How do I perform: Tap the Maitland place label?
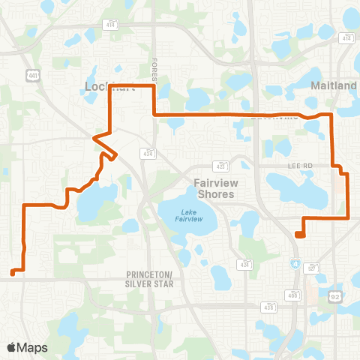[334, 86]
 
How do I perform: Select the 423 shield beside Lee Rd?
[220, 165]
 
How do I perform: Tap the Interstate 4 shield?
[295, 263]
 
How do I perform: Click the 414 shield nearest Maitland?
[347, 37]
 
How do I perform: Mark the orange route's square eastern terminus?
[300, 234]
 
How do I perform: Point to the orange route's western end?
[13, 271]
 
